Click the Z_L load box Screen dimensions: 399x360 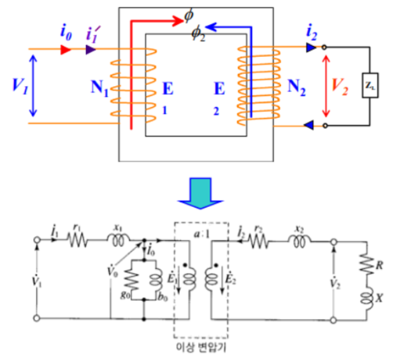(x=370, y=85)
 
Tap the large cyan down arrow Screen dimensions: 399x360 (x=201, y=193)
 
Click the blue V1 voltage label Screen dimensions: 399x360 (x=20, y=86)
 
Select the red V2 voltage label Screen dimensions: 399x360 (x=340, y=87)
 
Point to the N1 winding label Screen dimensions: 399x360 (x=99, y=89)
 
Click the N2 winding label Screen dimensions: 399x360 (x=296, y=87)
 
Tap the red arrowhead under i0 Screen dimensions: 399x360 (x=66, y=49)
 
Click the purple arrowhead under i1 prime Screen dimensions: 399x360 (x=91, y=49)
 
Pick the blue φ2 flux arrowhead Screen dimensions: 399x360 (x=211, y=27)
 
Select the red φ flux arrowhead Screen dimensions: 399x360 (x=178, y=21)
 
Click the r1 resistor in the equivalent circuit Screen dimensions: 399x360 (x=78, y=240)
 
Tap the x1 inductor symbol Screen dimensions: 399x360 (x=118, y=240)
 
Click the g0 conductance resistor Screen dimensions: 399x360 (x=131, y=280)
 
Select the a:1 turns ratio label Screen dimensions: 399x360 (x=201, y=234)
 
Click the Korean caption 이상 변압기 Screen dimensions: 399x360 (x=201, y=347)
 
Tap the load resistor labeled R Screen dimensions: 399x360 (x=366, y=264)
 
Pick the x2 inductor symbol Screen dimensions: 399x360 (x=300, y=241)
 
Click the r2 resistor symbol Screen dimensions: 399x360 (x=259, y=241)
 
